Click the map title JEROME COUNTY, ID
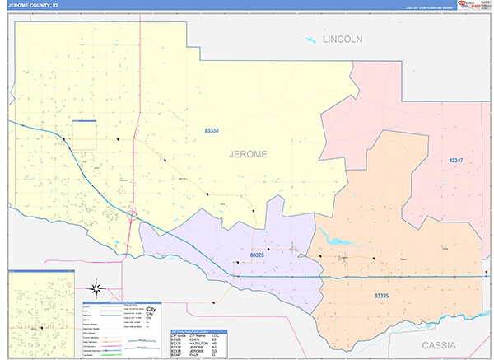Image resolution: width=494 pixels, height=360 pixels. point(33,5)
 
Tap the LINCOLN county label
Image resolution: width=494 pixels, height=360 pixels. point(342,40)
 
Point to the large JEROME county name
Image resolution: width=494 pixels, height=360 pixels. point(248,153)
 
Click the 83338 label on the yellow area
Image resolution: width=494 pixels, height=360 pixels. point(212,130)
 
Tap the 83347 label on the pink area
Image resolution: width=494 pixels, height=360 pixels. point(455,161)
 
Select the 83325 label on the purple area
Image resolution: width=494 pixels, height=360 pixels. point(256,256)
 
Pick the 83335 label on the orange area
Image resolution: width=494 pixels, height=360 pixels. point(381,295)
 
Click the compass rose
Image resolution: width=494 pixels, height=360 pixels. point(97,288)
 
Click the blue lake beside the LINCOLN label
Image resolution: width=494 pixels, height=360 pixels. point(310,40)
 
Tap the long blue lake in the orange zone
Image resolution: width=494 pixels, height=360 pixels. point(337,241)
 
